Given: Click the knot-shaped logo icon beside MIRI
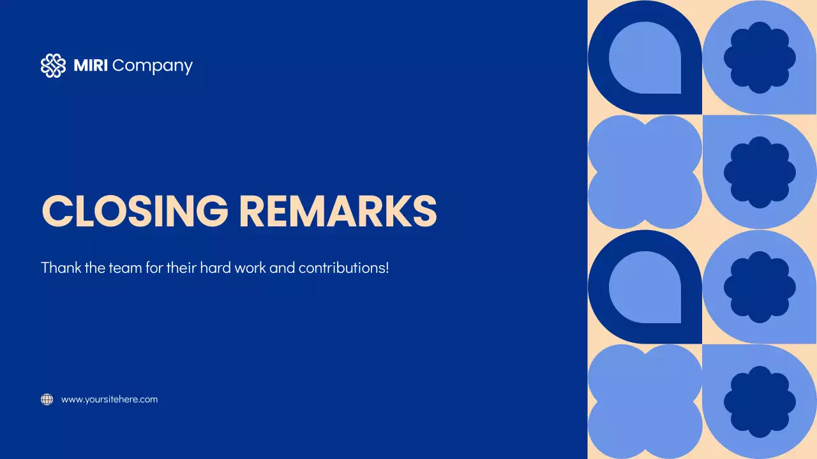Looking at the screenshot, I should pos(53,66).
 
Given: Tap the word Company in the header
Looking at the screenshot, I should pos(153,66).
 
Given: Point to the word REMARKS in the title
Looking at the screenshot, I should pos(338,210).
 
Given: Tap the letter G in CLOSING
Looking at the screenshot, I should pos(210,210).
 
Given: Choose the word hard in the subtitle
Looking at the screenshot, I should pos(215,267).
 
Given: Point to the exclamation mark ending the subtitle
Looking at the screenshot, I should pos(387,267).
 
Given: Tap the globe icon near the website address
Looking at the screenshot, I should pos(47,400).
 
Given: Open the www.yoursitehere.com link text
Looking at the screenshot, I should pos(109,400).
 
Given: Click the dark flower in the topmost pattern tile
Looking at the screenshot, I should pos(760,57).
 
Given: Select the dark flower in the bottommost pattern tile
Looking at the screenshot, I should pos(760,402).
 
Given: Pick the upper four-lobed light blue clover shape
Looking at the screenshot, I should pos(645,172).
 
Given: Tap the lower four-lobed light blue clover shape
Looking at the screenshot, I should pos(645,402).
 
